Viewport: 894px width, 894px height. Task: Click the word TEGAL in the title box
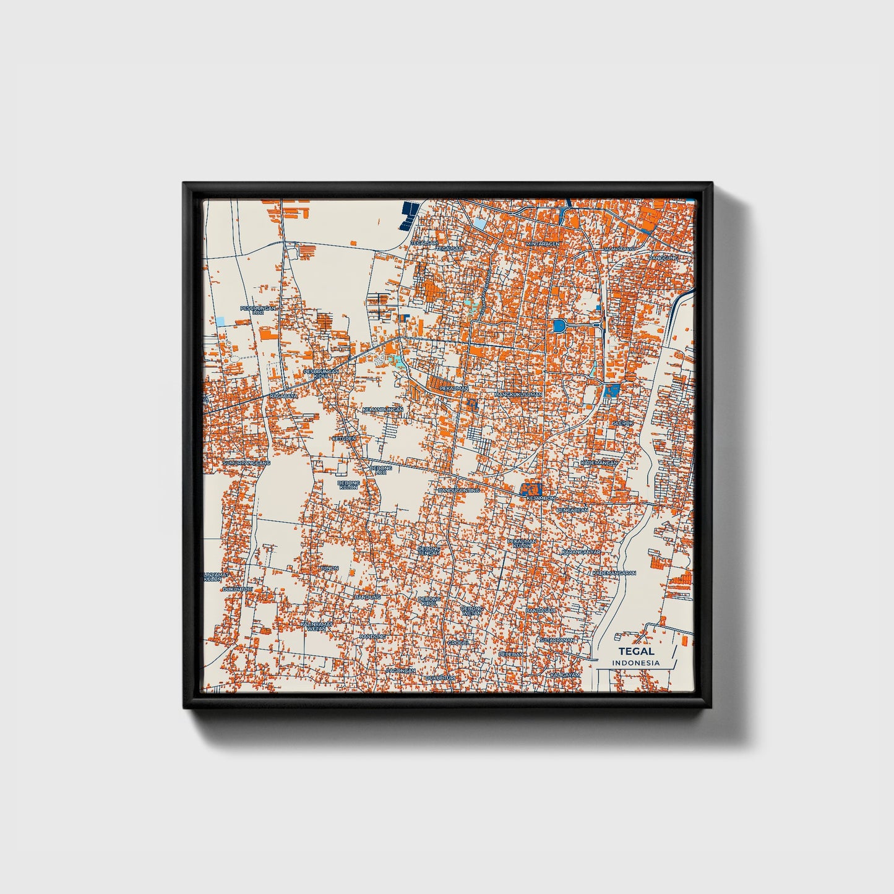[636, 651]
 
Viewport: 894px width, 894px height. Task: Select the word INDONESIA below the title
[636, 663]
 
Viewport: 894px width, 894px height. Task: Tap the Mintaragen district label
[543, 244]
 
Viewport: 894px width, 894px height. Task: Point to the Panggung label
[663, 257]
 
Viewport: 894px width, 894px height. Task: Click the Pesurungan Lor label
[258, 310]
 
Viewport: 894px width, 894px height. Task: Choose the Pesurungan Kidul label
[321, 373]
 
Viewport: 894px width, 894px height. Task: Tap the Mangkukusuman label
[518, 394]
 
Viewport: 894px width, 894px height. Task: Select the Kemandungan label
[382, 410]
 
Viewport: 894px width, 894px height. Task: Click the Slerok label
[622, 423]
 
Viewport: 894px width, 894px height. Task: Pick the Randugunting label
[458, 490]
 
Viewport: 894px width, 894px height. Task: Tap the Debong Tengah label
[429, 551]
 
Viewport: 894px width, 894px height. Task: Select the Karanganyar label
[581, 552]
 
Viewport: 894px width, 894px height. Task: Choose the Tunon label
[329, 568]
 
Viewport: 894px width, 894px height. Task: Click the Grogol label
[458, 643]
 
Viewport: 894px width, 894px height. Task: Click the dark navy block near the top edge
[408, 215]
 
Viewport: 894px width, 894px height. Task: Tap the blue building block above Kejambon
[531, 489]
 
